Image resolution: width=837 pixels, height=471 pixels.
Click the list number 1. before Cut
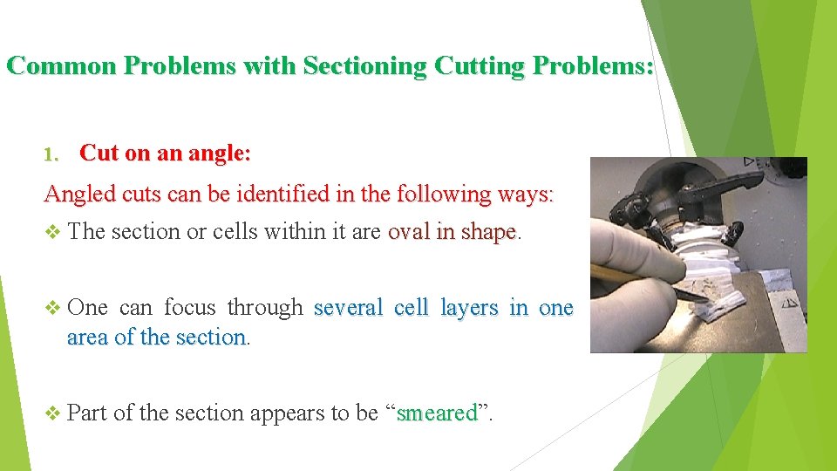click(x=53, y=154)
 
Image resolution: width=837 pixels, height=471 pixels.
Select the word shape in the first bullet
click(x=489, y=232)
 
